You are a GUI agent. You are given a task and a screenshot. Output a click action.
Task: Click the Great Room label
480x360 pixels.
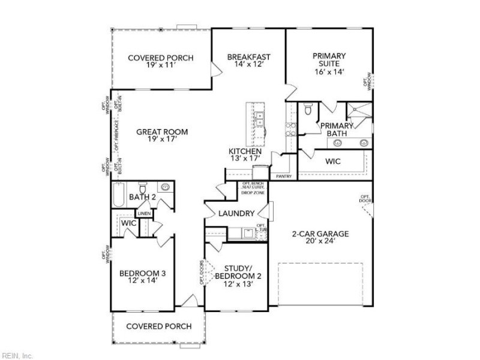[161, 136]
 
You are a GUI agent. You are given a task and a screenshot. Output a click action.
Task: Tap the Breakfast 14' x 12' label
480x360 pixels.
[248, 61]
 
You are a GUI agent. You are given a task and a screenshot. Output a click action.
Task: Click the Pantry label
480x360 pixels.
[283, 177]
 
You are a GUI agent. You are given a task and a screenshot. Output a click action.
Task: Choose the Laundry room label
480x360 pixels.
[237, 213]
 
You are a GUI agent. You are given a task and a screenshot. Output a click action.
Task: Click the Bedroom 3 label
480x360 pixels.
[142, 277]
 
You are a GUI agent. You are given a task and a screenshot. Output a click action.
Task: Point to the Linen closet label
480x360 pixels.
[144, 213]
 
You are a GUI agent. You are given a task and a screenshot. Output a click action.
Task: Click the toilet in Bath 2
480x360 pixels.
[143, 187]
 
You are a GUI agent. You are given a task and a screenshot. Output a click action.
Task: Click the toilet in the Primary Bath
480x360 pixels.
[307, 109]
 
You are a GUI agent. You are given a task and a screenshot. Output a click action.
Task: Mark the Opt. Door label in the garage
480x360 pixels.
[365, 199]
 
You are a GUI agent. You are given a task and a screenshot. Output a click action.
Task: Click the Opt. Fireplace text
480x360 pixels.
[116, 136]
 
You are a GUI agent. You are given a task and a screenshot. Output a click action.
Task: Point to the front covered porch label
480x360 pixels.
[160, 326]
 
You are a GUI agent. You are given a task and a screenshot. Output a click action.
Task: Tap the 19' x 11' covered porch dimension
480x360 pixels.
[160, 65]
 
